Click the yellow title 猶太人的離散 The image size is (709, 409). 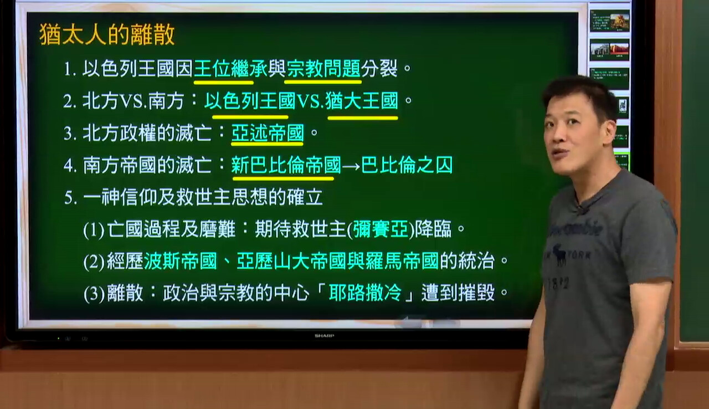tap(107, 35)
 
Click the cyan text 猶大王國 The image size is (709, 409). tap(362, 101)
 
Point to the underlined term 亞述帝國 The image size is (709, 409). tap(268, 133)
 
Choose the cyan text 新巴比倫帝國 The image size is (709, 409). tap(286, 165)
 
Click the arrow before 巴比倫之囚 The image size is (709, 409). tap(351, 166)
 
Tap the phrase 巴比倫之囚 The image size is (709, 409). tap(407, 165)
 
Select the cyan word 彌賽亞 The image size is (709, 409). tap(381, 229)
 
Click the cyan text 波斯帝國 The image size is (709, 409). tap(181, 261)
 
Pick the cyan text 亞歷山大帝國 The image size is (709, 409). tap(291, 261)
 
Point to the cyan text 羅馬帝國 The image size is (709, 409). tap(402, 261)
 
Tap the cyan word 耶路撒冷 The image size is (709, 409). tap(365, 293)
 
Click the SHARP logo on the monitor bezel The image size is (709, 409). tap(324, 336)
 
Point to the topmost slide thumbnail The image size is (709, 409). tap(609, 21)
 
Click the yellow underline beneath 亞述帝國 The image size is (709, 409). tap(267, 144)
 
